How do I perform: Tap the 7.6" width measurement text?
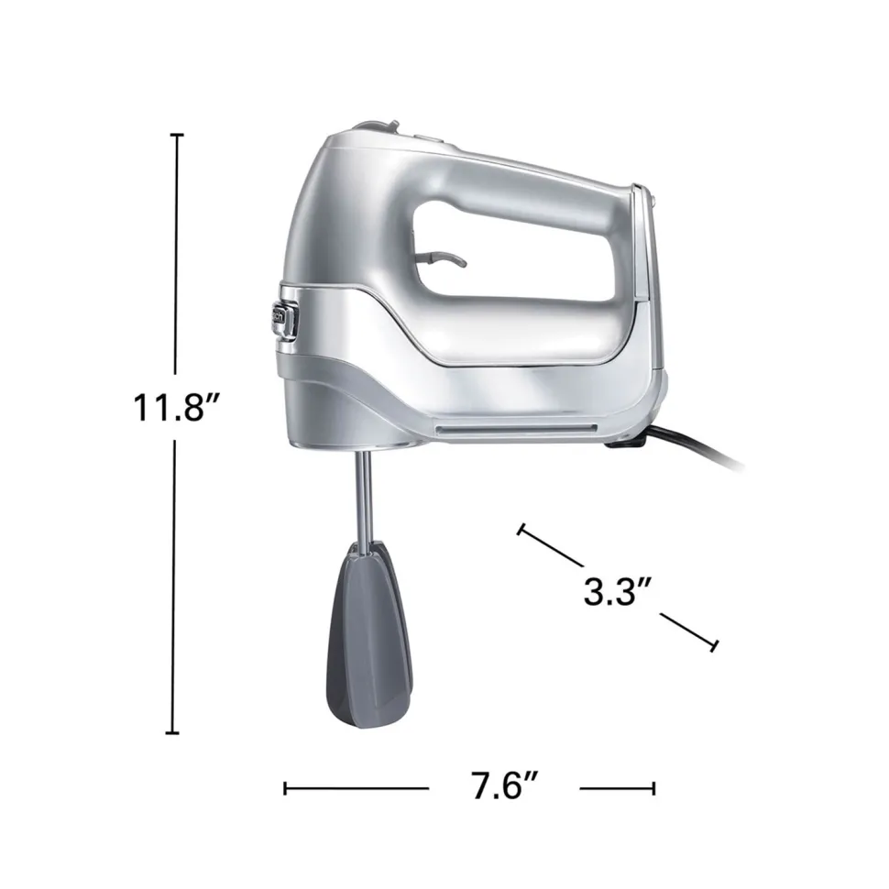click(503, 786)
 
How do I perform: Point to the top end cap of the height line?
click(177, 135)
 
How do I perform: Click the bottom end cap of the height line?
click(171, 732)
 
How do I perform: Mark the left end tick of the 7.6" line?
click(286, 786)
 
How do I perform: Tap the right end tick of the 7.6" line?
click(653, 786)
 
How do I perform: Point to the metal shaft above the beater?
click(363, 495)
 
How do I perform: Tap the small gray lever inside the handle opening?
click(440, 261)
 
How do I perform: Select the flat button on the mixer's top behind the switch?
click(422, 138)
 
